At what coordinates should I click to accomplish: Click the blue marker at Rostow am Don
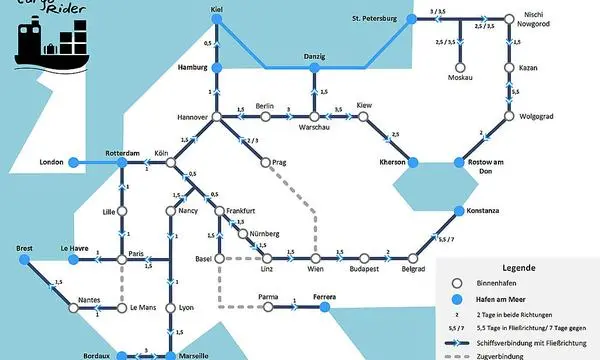point(461,162)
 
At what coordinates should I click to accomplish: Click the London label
point(52,162)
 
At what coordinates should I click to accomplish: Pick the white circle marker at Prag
point(264,162)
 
